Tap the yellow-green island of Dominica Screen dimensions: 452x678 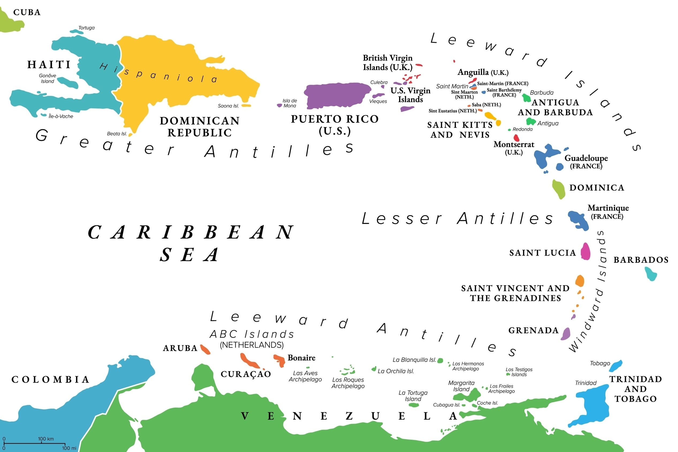(559, 189)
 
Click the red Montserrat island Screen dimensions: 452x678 (516, 138)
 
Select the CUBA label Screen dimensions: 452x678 (27, 12)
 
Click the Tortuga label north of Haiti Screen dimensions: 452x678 (86, 28)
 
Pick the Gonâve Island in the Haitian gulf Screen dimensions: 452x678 (68, 83)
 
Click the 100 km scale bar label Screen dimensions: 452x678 (46, 439)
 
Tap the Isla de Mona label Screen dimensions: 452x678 (289, 103)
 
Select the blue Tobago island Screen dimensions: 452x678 (616, 366)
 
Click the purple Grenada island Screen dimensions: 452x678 (566, 334)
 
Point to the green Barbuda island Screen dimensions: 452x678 (527, 98)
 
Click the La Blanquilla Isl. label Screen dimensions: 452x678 (414, 360)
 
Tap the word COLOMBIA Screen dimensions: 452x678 (50, 379)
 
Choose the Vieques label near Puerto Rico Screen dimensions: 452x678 (378, 101)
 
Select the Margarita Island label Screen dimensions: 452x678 (461, 386)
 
